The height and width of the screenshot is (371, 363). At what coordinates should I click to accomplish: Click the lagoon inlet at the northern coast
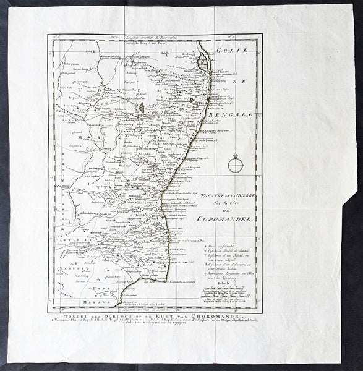coord(202,61)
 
